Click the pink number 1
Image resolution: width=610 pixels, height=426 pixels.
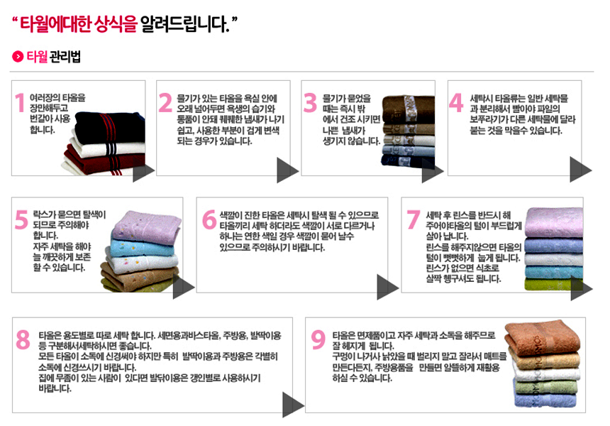21,103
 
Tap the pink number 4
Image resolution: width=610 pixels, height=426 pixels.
456,103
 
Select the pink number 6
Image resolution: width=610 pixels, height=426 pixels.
209,219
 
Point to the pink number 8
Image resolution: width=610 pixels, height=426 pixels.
23,339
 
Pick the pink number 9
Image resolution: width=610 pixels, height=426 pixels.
318,339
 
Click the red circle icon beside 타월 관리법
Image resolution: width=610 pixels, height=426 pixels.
18,57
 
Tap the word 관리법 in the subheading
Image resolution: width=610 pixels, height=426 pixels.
65,57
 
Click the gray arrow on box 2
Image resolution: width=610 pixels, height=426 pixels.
287,170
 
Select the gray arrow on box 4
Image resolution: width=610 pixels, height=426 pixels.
580,170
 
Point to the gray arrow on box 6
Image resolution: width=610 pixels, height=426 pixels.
387,287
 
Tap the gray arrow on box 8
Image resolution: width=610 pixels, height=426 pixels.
293,405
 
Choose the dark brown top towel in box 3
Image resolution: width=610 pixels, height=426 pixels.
408,109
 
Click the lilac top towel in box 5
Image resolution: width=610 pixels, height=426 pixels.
147,227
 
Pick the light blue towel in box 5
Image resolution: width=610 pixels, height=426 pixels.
143,248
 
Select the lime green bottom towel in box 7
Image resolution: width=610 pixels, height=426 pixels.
553,284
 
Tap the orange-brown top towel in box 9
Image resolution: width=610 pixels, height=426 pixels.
543,338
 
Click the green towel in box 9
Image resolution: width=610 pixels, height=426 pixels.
546,388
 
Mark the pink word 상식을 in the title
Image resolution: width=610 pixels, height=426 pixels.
121,24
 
